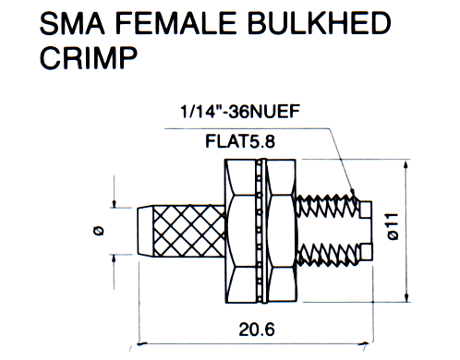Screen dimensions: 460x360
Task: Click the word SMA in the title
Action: [x=72, y=23]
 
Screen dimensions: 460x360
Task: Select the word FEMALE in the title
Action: [x=176, y=23]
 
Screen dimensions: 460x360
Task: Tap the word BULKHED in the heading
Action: [x=319, y=23]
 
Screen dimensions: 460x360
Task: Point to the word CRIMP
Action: [x=89, y=58]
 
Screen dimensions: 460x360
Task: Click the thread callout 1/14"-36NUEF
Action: [x=240, y=111]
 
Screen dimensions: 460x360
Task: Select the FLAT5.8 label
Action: [x=240, y=142]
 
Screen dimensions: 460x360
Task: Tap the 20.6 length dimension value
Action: [x=257, y=330]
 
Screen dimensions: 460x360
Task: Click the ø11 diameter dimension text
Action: [x=393, y=226]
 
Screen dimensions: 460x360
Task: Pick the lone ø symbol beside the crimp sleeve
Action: [x=98, y=231]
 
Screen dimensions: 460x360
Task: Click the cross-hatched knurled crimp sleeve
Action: [x=189, y=231]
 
